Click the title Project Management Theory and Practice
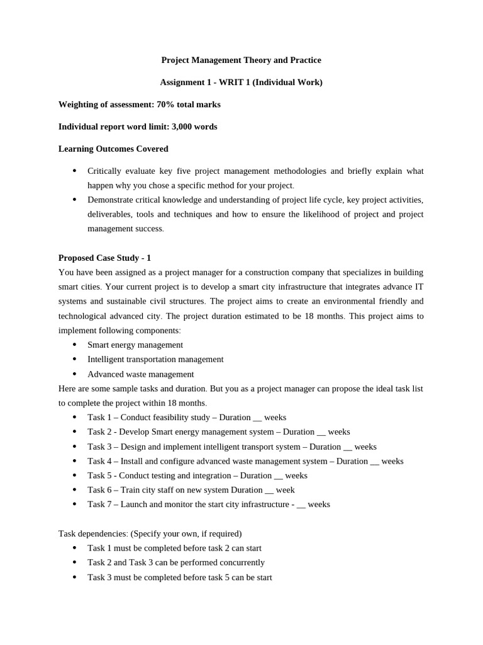tap(241, 60)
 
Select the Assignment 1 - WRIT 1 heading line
tap(241, 82)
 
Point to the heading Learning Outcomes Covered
tap(113, 149)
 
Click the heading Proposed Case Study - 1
tap(104, 258)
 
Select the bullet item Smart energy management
tap(135, 345)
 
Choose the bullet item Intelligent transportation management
tap(155, 359)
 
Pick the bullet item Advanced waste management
tap(140, 374)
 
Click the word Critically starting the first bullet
tap(104, 171)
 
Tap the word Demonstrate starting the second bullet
tap(111, 200)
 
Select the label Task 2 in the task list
tap(101, 431)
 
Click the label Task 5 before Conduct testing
tap(101, 476)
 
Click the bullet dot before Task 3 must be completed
tap(75, 577)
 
